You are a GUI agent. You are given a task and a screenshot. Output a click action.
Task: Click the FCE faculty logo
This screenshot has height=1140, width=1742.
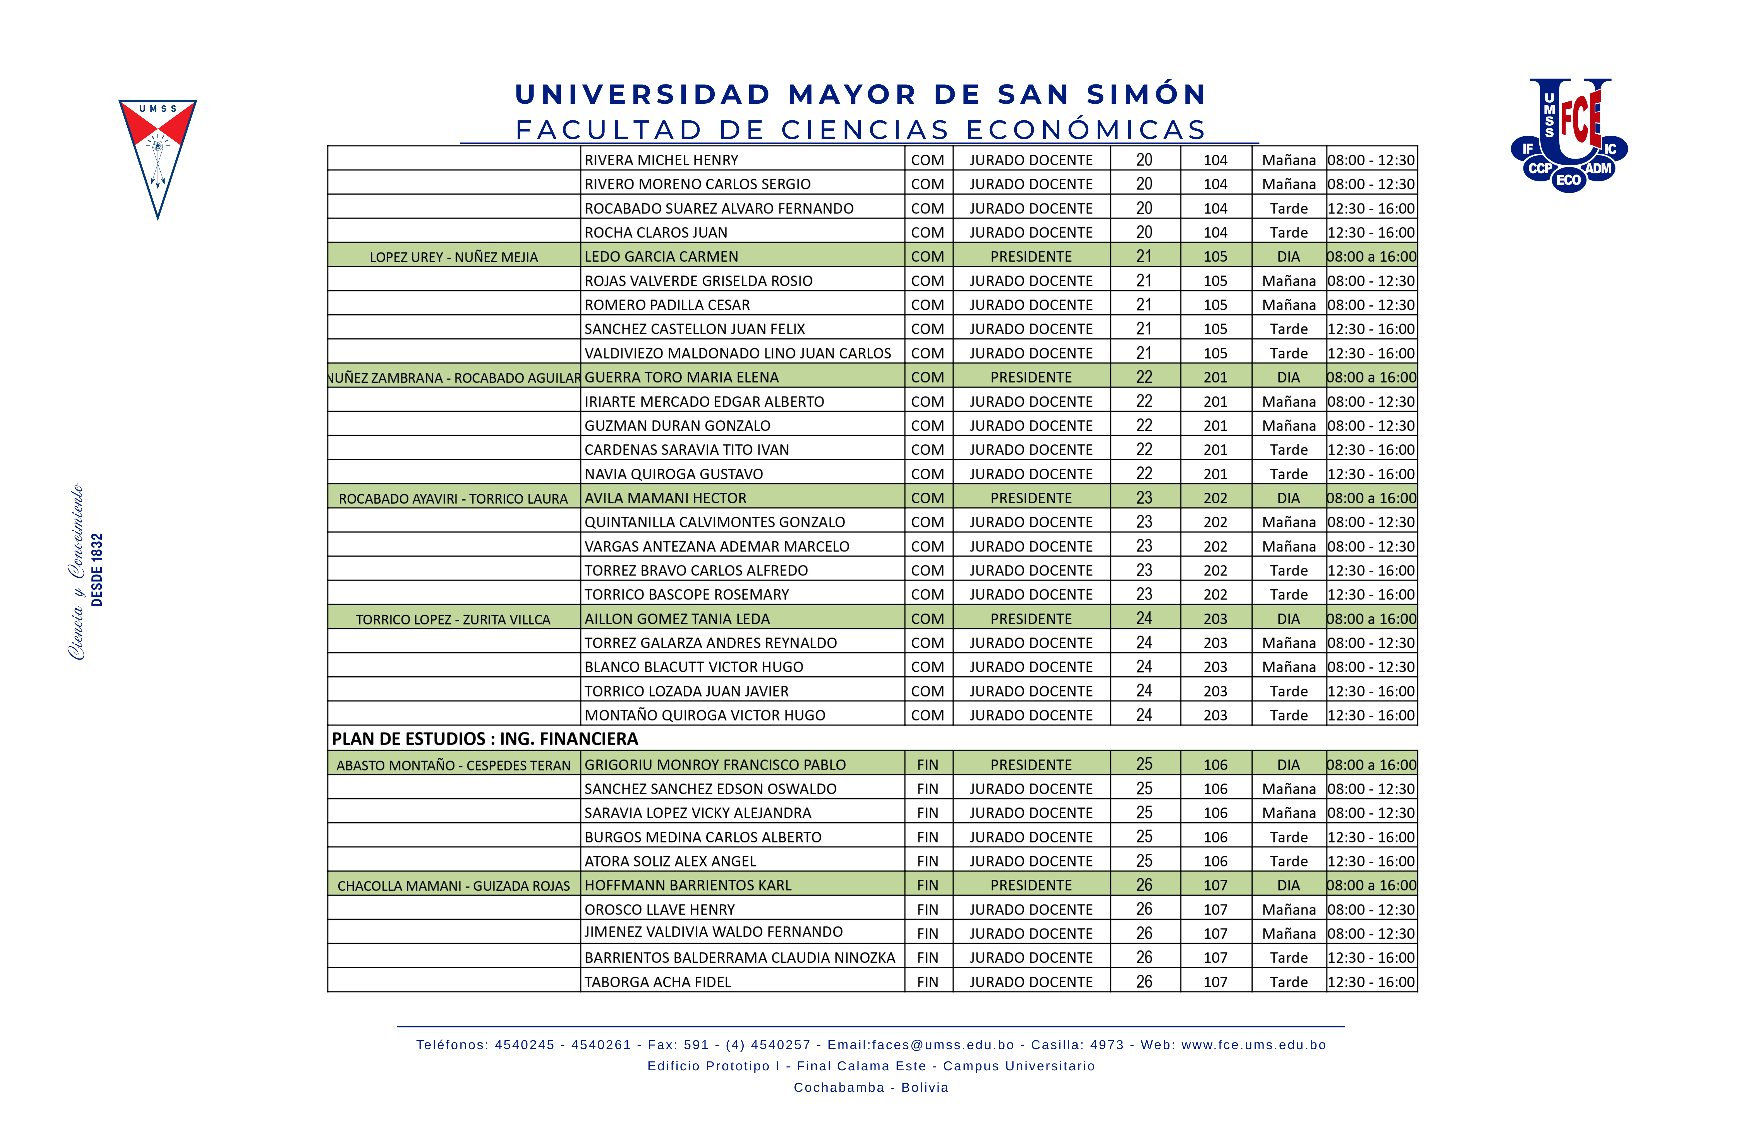[x=1569, y=135]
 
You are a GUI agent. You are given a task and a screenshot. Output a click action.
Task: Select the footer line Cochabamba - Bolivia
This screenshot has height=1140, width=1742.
[x=871, y=1087]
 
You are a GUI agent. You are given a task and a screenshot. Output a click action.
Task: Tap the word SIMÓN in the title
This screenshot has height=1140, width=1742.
[x=1146, y=94]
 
